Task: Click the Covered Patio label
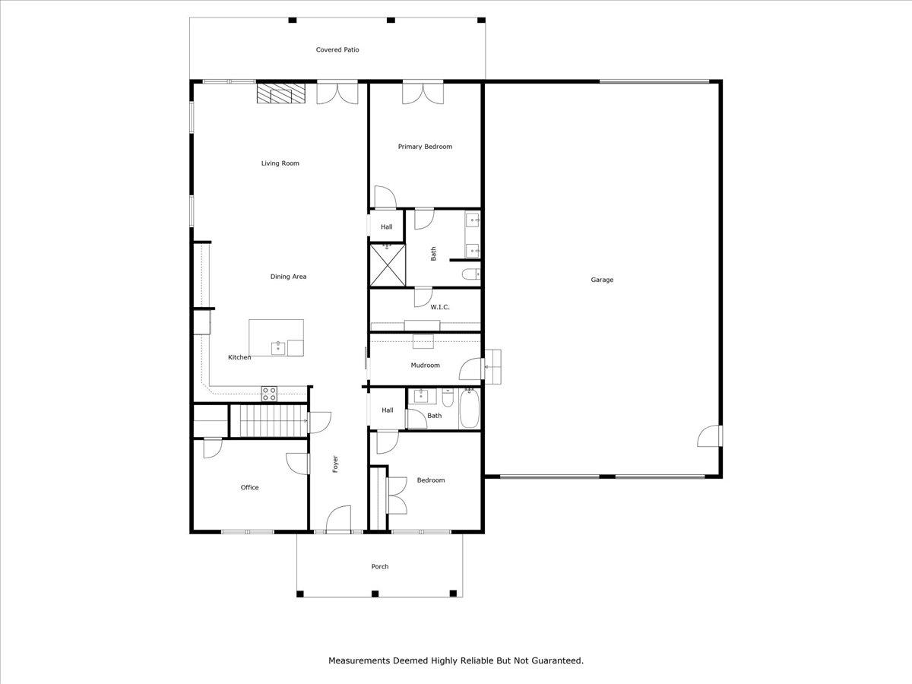point(337,50)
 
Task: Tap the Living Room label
point(280,163)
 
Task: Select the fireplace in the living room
point(280,93)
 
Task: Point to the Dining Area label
point(288,277)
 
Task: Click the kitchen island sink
point(278,348)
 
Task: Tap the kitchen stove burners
point(269,393)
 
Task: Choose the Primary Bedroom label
point(425,147)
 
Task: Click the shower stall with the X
point(386,264)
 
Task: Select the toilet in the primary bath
point(472,274)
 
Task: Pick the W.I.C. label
point(440,307)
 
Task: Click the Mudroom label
point(425,366)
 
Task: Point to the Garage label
point(602,280)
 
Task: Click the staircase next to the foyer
point(267,421)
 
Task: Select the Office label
point(249,488)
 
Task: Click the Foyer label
point(335,464)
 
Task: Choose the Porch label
point(379,567)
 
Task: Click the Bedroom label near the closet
point(430,480)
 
